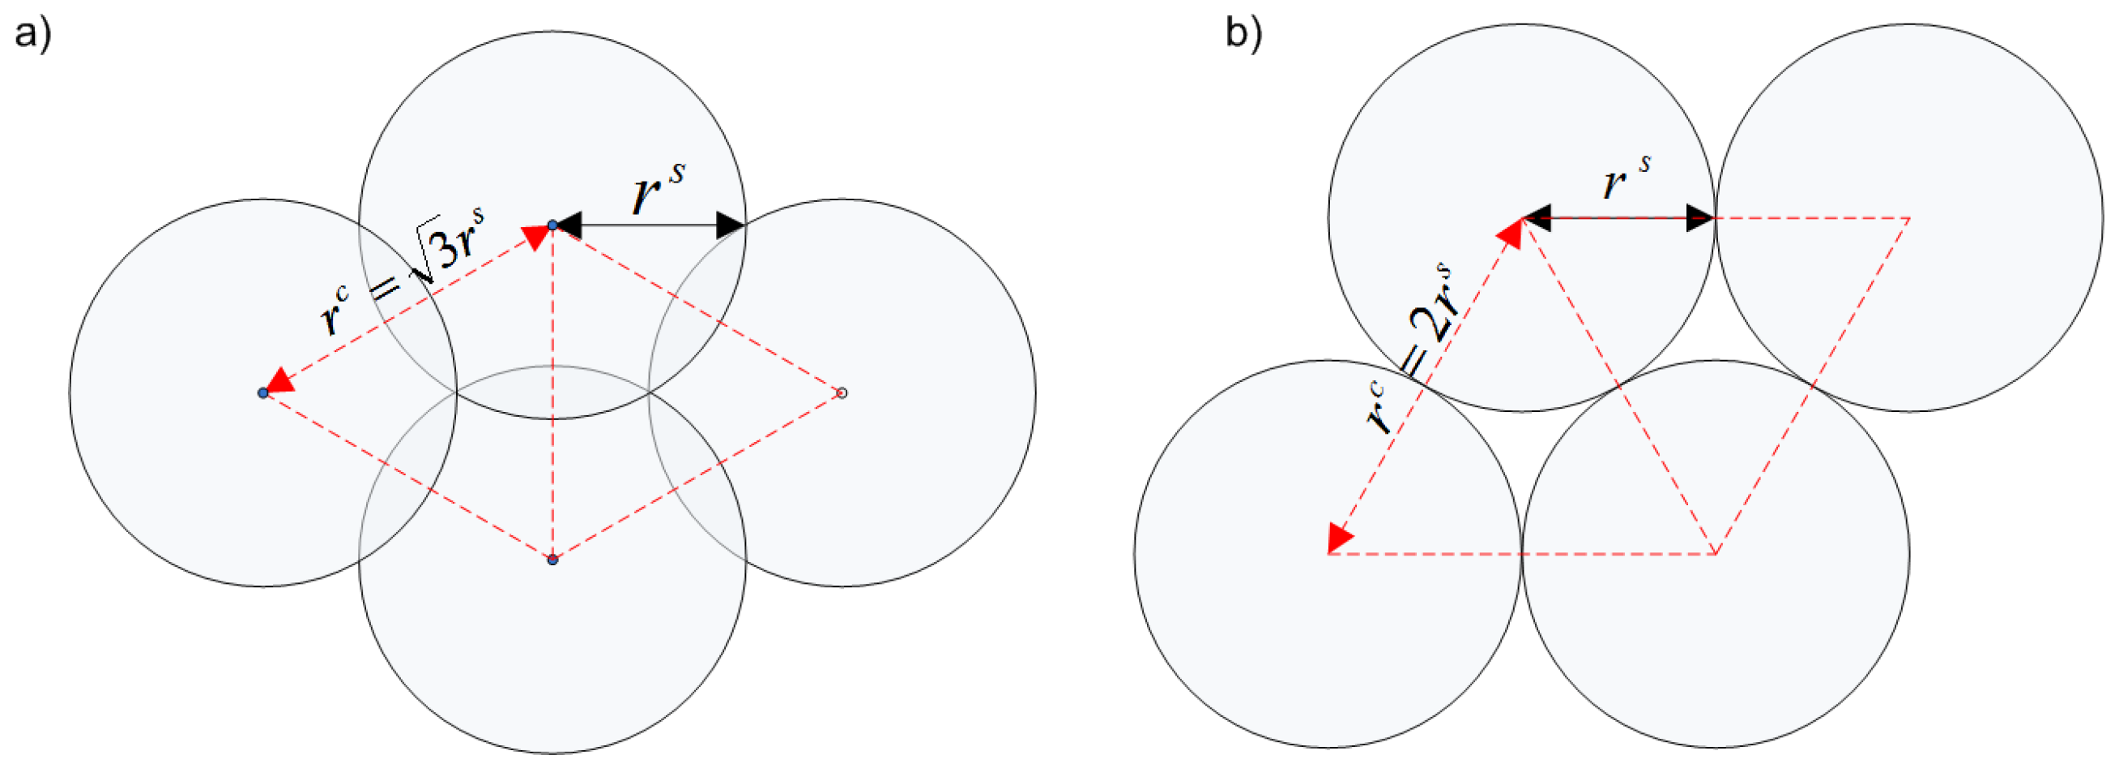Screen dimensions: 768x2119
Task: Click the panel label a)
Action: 33,35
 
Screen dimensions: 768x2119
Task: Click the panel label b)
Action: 1243,35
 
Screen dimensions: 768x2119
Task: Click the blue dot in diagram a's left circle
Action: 262,393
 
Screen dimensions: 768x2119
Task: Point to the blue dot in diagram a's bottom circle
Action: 552,560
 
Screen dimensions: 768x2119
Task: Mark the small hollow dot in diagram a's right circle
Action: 842,393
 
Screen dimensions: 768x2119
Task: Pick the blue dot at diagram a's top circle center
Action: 552,225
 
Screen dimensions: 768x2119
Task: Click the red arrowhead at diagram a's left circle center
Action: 280,382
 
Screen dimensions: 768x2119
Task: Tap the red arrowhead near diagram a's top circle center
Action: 535,237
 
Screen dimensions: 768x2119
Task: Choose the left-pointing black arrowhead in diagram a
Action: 569,225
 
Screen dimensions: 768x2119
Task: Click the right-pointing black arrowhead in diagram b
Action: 1700,218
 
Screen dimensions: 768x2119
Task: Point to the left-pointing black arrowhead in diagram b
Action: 1537,218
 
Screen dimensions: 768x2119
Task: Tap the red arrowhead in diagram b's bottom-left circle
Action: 1338,538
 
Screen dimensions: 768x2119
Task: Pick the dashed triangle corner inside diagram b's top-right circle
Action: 1909,218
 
